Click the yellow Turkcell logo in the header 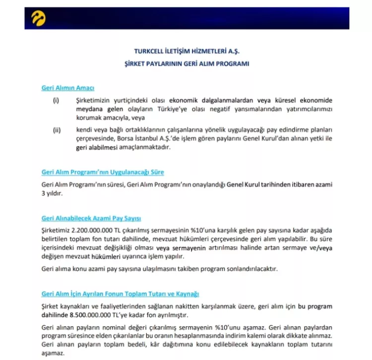click(39, 18)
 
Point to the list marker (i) click(56, 100)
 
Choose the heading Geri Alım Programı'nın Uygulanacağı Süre click(103, 172)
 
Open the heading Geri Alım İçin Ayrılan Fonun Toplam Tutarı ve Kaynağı click(121, 294)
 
